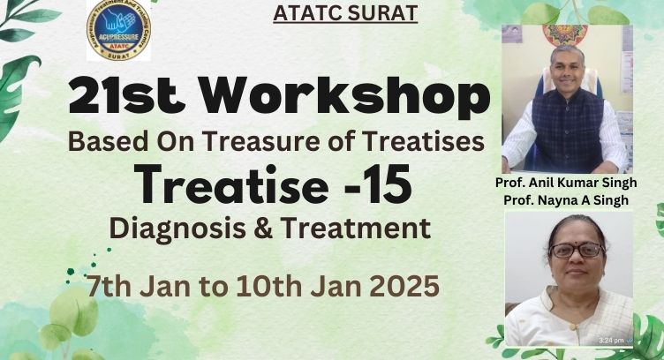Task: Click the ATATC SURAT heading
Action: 345,13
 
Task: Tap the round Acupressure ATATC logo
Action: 118,30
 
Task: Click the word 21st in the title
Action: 127,96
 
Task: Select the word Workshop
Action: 345,96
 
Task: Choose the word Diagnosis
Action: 177,229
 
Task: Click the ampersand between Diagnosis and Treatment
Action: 264,229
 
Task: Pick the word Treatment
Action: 356,229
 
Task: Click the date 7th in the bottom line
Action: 109,287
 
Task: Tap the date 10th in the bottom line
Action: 268,287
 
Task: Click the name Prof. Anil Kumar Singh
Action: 566,183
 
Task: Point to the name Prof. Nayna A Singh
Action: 566,199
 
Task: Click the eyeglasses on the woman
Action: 577,251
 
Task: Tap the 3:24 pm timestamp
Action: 611,340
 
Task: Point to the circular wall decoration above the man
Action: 565,34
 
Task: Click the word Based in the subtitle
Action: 109,142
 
